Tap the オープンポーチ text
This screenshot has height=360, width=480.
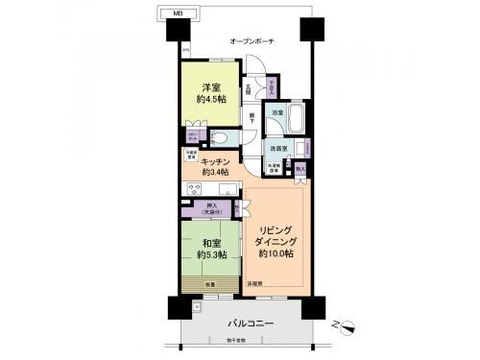pyautogui.click(x=252, y=42)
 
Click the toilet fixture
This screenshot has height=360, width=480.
pyautogui.click(x=219, y=137)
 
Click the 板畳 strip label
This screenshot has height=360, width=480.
pyautogui.click(x=209, y=284)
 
